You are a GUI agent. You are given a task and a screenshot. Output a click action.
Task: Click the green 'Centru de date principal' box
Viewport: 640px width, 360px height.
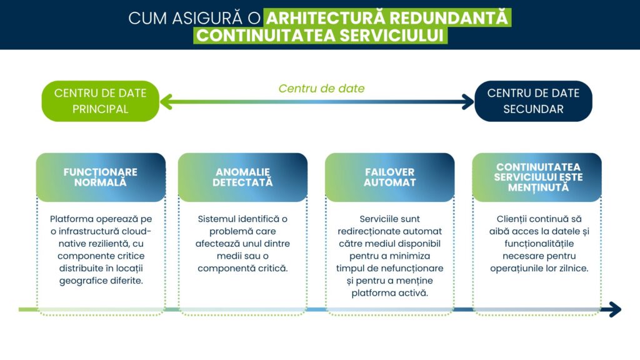[x=101, y=101]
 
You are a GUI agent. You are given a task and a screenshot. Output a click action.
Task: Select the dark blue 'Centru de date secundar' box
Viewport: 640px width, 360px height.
[x=533, y=101]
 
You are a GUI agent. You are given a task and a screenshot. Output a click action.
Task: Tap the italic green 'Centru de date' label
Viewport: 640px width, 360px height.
[x=322, y=89]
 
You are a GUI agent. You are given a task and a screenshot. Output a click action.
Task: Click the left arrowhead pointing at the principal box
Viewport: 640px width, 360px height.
[x=166, y=102]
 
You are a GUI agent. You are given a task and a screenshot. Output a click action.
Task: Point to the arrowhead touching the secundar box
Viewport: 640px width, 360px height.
[x=467, y=102]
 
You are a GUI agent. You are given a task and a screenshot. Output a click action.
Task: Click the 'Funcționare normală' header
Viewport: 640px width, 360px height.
[x=101, y=177]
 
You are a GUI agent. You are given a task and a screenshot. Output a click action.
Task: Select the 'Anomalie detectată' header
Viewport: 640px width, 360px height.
[x=243, y=177]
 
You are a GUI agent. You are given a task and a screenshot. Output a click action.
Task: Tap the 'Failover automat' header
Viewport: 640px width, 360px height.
[x=390, y=177]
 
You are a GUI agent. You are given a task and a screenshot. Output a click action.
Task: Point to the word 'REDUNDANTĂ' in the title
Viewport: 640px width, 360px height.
[x=449, y=18]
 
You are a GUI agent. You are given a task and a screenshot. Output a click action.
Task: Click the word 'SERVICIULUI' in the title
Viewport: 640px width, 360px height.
[x=391, y=36]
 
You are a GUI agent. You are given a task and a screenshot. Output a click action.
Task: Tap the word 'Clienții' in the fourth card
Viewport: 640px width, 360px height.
[x=510, y=219]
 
